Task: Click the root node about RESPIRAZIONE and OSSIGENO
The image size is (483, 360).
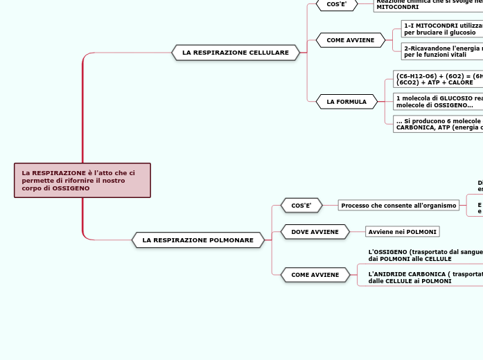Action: point(82,180)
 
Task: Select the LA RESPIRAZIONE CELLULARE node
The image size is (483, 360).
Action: point(236,53)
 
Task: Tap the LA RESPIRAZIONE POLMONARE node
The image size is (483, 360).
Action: point(197,240)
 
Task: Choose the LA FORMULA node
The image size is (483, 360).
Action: point(346,102)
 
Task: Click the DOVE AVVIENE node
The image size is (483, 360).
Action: point(315,231)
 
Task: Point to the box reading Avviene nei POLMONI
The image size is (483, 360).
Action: point(402,231)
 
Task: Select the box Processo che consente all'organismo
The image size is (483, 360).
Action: point(398,206)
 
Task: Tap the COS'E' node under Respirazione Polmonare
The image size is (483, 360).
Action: point(301,206)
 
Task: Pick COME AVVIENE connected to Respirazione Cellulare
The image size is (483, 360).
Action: point(350,40)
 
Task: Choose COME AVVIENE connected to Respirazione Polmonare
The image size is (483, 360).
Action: point(315,275)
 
